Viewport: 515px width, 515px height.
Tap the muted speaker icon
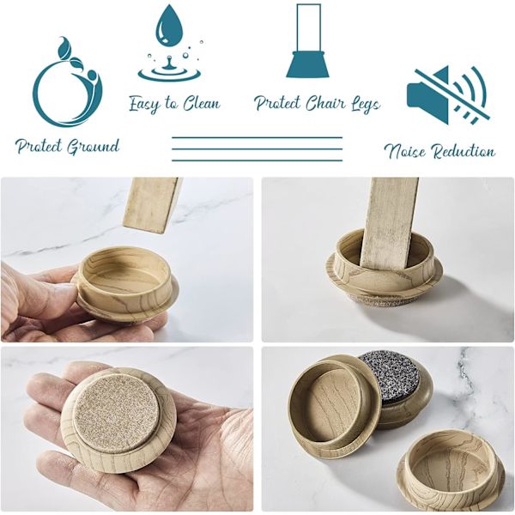click(x=448, y=95)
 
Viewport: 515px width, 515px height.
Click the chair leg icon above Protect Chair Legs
click(x=308, y=40)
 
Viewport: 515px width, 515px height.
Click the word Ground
click(x=93, y=147)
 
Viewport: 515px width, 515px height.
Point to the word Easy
click(x=144, y=104)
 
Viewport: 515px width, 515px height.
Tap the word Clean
click(x=202, y=104)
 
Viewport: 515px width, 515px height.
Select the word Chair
click(x=326, y=103)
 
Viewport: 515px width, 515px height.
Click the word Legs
click(x=366, y=104)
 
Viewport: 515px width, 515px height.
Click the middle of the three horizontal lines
click(x=257, y=148)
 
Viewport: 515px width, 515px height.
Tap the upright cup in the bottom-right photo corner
click(x=451, y=470)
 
